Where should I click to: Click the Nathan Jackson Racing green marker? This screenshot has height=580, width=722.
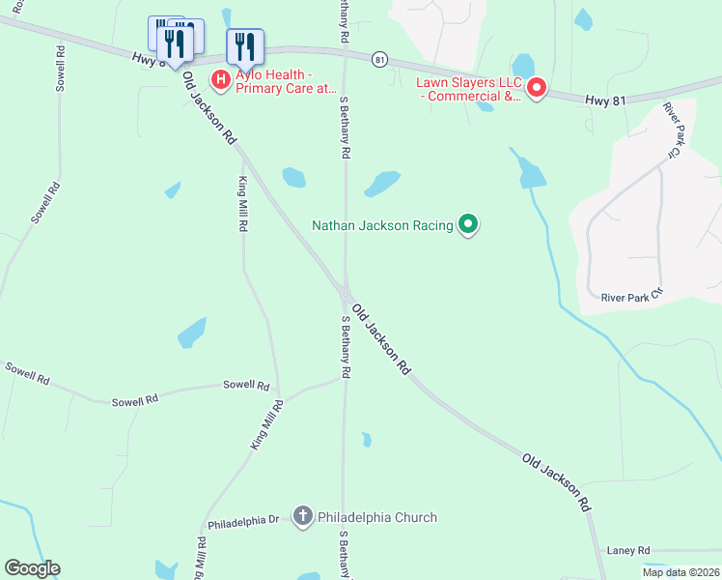coord(468,225)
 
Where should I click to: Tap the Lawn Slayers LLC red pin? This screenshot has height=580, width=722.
coord(535,89)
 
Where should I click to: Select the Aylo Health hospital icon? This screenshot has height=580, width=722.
coord(220,79)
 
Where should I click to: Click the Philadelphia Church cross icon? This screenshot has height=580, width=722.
coord(302,517)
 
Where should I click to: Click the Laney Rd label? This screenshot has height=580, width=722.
coord(628,550)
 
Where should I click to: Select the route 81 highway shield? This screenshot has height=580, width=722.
coord(379,59)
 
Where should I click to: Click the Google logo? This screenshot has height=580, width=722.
coord(32,568)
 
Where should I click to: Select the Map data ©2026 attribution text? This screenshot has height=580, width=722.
coord(680,572)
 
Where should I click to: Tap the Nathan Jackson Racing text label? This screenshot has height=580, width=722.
coord(382,225)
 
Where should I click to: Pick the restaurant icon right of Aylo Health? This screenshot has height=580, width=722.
coord(245,45)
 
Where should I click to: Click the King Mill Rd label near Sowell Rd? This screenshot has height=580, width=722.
coord(266,423)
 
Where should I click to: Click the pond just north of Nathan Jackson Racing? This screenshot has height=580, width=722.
coord(382,183)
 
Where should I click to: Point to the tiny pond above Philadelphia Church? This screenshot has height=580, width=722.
coord(366,440)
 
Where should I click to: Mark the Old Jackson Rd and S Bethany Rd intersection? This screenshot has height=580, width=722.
coord(345,292)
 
